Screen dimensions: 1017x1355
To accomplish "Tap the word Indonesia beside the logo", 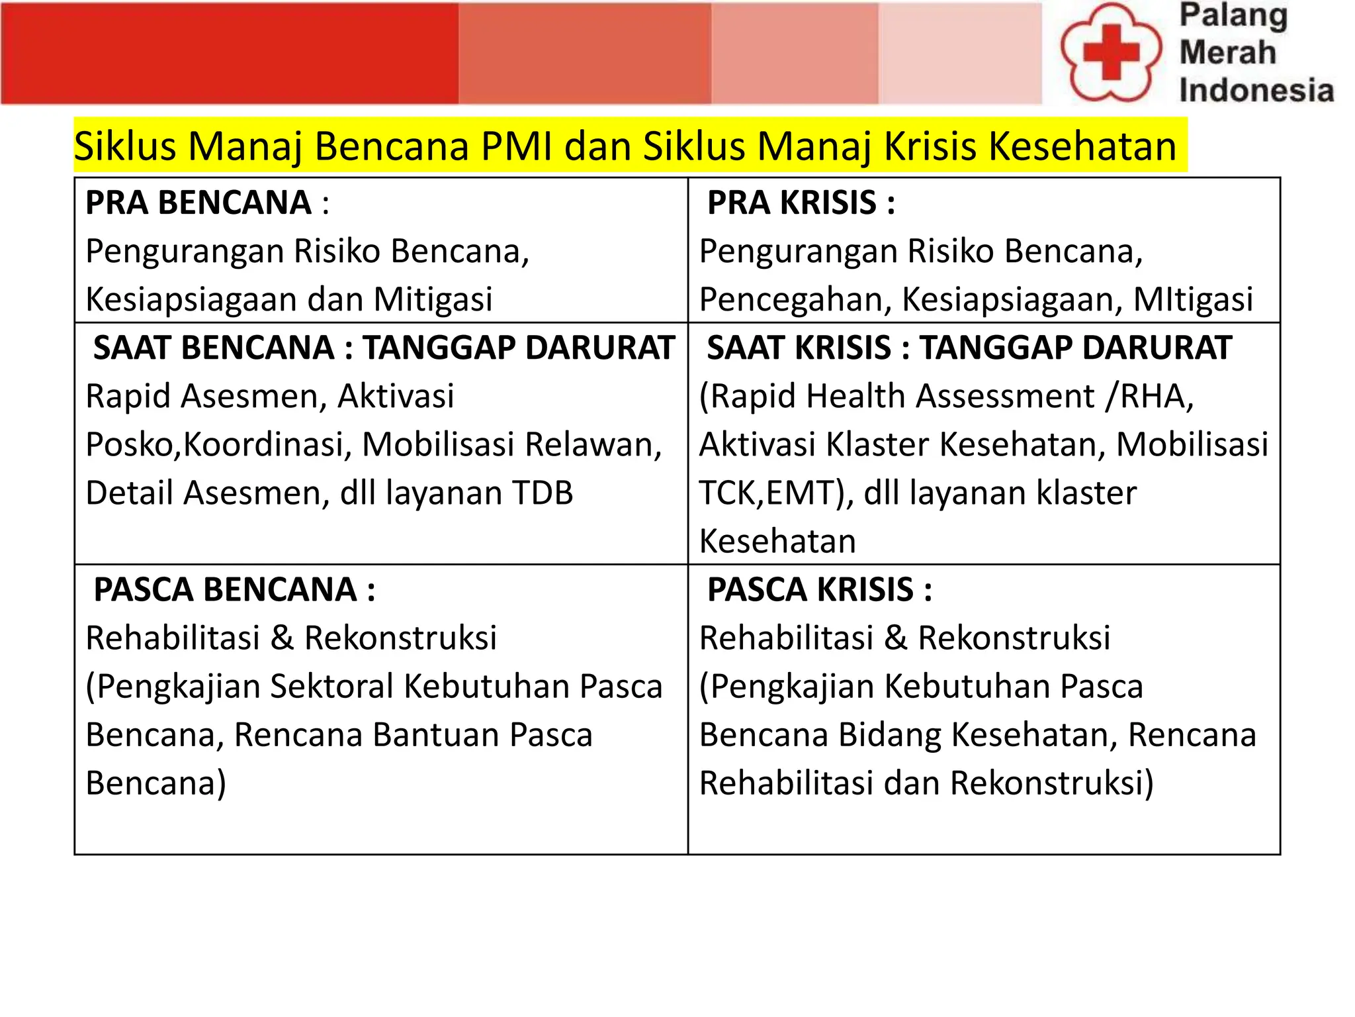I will pos(1256,91).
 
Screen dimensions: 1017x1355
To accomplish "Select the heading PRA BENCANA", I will pos(198,203).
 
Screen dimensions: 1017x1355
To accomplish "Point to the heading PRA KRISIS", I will pos(792,203).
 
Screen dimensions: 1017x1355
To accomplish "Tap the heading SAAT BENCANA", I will pos(214,348).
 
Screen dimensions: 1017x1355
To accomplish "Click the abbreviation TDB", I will pos(542,493).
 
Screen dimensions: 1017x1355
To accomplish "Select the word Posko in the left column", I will pos(130,444).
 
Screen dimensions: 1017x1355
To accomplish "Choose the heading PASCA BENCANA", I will pos(225,589).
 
